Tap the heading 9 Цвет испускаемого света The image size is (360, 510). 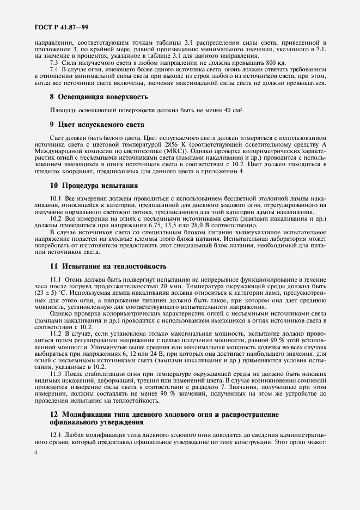pos(90,124)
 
